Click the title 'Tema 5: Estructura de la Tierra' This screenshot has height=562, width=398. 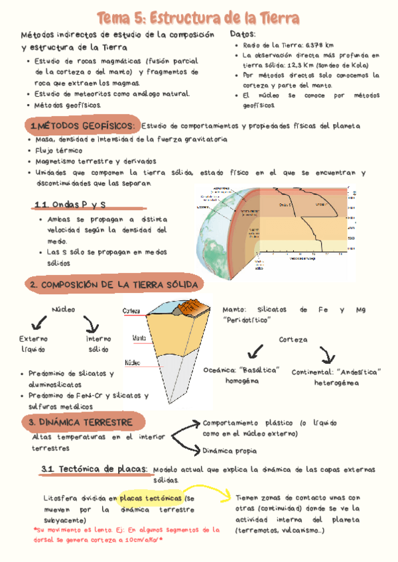(x=198, y=17)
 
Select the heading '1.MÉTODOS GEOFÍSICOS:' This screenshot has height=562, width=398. (x=83, y=126)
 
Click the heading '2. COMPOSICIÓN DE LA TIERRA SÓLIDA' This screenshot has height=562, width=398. (x=113, y=284)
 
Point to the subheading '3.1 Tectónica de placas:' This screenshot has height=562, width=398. (x=94, y=469)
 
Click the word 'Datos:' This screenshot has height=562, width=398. (x=243, y=34)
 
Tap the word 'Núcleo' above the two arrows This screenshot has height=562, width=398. (x=63, y=309)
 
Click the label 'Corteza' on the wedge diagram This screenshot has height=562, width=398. (x=131, y=311)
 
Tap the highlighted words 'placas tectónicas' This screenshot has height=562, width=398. (x=151, y=498)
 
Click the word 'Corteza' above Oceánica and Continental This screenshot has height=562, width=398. (x=293, y=339)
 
